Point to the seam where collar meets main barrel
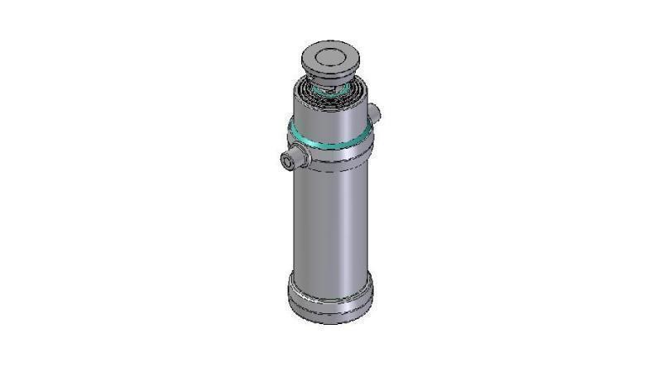(x=329, y=169)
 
